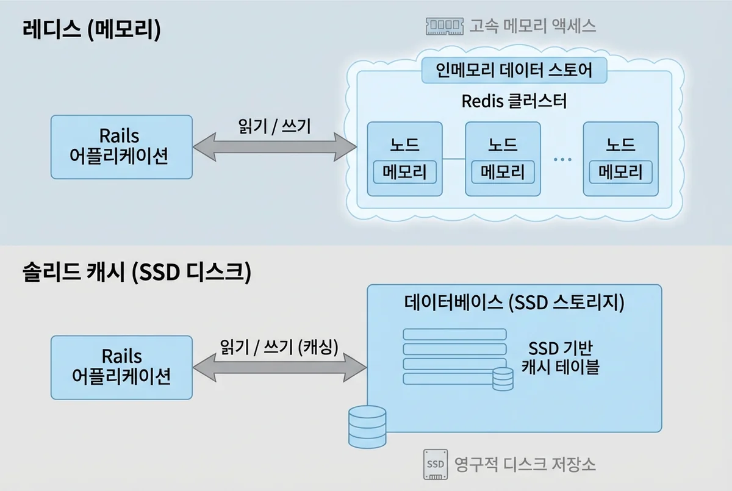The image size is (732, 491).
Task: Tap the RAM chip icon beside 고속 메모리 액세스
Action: point(443,26)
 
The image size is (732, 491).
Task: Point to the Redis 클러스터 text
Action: point(514,101)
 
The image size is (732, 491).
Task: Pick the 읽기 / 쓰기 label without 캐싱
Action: point(274,126)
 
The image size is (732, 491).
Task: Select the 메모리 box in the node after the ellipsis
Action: point(620,172)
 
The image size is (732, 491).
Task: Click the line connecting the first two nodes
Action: point(453,159)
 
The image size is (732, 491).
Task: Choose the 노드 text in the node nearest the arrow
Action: point(404,145)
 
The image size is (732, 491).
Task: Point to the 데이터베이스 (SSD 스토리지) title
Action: point(514,303)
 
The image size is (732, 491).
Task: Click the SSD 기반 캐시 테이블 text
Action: point(560,358)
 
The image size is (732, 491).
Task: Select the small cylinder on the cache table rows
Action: point(503,379)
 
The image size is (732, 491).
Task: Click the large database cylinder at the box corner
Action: point(367,426)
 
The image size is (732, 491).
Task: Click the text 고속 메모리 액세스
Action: point(532,26)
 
